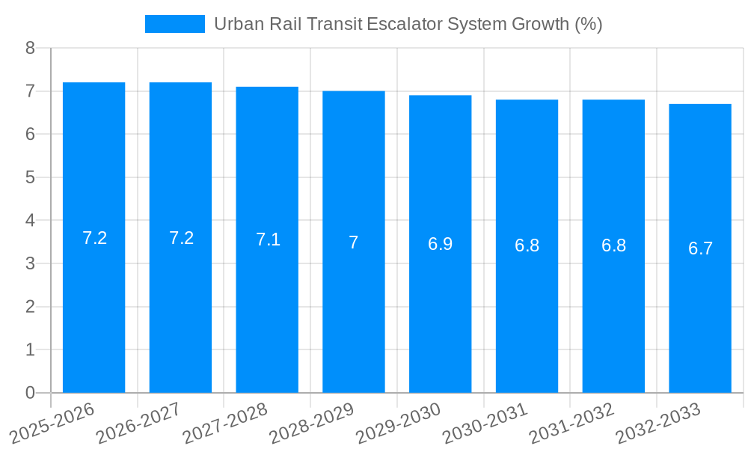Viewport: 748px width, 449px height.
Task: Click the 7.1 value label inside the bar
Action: tap(268, 239)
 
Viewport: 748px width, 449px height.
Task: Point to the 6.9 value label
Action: tap(440, 244)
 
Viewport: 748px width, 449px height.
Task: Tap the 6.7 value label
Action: tap(700, 248)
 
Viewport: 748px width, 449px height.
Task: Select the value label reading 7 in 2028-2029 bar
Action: tap(354, 242)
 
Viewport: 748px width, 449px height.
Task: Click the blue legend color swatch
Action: tap(174, 24)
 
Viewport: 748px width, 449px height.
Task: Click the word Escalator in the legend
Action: tap(404, 24)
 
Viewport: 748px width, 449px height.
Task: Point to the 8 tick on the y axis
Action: tap(30, 48)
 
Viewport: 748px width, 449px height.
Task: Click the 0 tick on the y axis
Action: tap(30, 393)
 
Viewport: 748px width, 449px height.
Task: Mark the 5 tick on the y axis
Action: tap(30, 177)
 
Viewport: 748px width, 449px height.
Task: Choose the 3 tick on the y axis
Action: tap(30, 263)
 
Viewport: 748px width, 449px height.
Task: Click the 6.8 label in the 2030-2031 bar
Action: tap(527, 245)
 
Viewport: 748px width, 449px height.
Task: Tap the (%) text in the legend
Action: tap(588, 24)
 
